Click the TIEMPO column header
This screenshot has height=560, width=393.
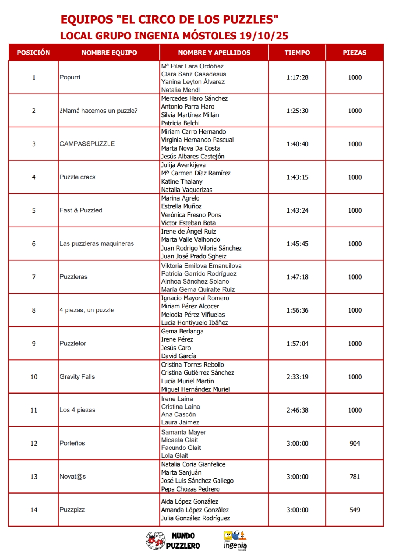click(x=297, y=53)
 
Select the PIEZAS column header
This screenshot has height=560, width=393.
click(x=355, y=53)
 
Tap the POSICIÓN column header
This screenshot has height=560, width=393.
click(x=33, y=53)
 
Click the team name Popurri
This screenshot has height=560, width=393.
click(x=70, y=77)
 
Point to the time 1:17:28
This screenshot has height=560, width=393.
click(x=297, y=77)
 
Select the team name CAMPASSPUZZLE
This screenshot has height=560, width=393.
click(x=87, y=144)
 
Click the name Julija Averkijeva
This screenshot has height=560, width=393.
click(x=183, y=165)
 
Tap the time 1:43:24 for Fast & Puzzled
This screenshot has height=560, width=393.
click(x=297, y=210)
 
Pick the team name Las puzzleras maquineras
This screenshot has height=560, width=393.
click(x=97, y=244)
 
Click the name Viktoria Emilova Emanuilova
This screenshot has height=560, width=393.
click(x=201, y=266)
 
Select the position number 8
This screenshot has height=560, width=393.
click(x=34, y=310)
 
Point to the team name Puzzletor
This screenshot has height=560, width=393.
click(x=73, y=343)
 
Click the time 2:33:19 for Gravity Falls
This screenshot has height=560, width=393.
click(x=297, y=377)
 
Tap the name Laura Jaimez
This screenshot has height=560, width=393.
click(x=180, y=422)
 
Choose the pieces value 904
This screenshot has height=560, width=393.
click(x=355, y=443)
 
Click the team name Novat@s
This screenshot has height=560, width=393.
click(x=73, y=477)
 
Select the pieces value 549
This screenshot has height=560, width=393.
click(x=355, y=510)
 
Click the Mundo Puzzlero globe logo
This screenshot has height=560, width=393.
click(x=155, y=540)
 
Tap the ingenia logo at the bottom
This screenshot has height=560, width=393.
click(x=235, y=541)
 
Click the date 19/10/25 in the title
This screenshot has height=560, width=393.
click(x=263, y=36)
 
